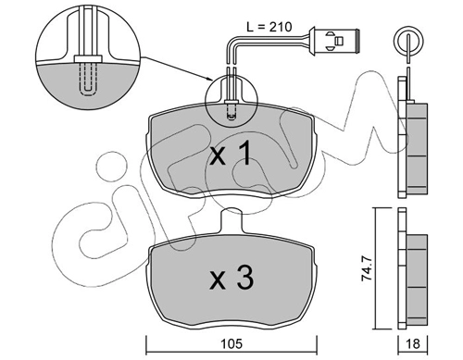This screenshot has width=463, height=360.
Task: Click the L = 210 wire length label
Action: pos(269,27)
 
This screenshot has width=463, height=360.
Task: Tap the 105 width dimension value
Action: pos(231,344)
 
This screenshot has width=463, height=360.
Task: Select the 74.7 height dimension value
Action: pos(367,267)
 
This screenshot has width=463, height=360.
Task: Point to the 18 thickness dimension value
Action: pos(413,344)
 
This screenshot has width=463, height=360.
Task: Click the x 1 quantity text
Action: pos(231,154)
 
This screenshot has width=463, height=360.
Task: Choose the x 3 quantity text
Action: pos(231,279)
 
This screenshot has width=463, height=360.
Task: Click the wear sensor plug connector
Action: pos(334,41)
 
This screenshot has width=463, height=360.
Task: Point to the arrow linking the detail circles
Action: pos(176,68)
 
